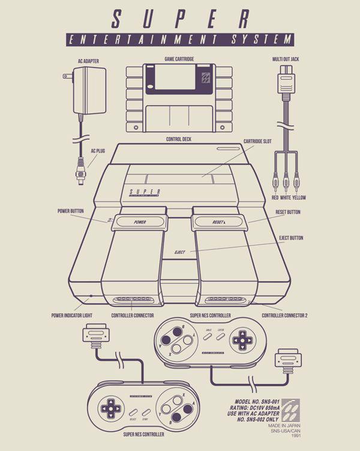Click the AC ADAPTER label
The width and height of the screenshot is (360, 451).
point(88,61)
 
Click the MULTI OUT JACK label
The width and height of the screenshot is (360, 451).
point(285,60)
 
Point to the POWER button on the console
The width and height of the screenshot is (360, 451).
point(140,222)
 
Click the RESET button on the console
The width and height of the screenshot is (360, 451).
point(218,222)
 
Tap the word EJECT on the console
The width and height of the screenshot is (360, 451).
point(179,252)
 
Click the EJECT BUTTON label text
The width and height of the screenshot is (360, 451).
point(291,238)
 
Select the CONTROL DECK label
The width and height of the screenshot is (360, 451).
point(179,139)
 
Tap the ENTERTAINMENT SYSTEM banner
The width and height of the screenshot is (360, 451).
point(180,40)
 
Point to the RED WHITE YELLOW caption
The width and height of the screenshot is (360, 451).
point(289,197)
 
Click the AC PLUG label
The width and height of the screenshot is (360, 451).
point(98,151)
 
